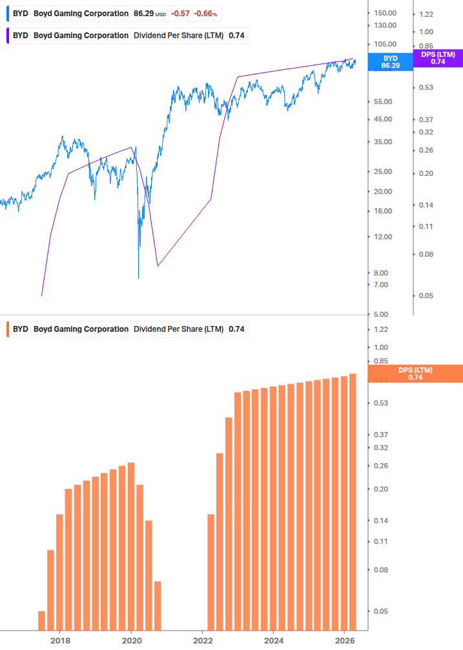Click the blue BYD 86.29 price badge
tap(390, 61)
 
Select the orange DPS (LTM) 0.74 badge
tap(415, 373)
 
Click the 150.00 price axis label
tap(385, 13)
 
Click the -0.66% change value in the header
tap(206, 14)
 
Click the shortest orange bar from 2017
tap(42, 620)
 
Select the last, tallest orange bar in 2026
tap(353, 501)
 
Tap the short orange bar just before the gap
tap(158, 605)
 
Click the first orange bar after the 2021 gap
tap(211, 572)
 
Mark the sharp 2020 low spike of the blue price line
tap(138, 277)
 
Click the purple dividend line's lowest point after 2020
tap(158, 266)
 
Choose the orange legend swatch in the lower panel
tap(8, 329)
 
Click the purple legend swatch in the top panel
tap(8, 36)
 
